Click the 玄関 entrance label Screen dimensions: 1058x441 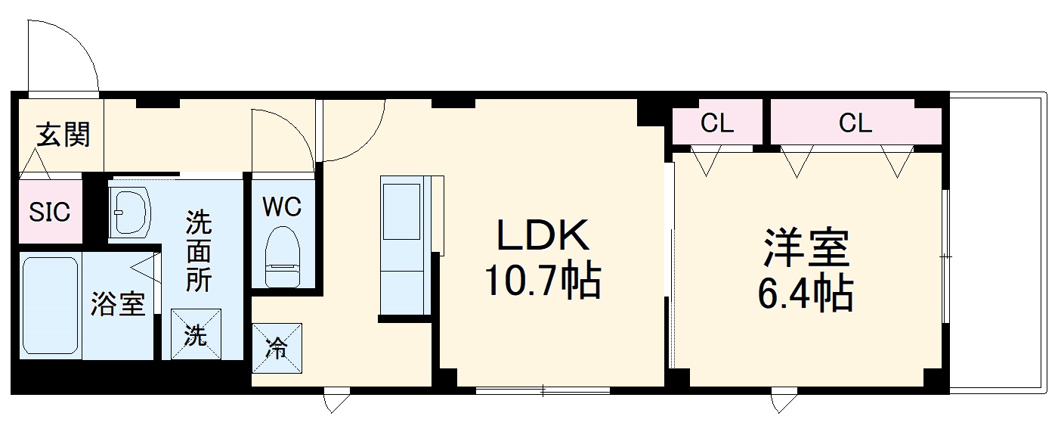pyautogui.click(x=63, y=135)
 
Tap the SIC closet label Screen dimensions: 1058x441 pyautogui.click(x=50, y=213)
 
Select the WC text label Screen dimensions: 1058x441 pyautogui.click(x=282, y=207)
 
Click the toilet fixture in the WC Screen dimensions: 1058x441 pyautogui.click(x=283, y=256)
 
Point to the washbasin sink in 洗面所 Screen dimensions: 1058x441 pyautogui.click(x=130, y=213)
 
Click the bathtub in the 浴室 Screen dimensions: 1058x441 pyautogui.click(x=50, y=306)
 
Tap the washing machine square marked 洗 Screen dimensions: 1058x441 pyautogui.click(x=196, y=334)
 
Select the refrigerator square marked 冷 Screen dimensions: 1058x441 pyautogui.click(x=277, y=348)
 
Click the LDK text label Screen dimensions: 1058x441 pyautogui.click(x=543, y=234)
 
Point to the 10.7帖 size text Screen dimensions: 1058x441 pyautogui.click(x=543, y=281)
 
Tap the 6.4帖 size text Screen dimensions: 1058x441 pyautogui.click(x=806, y=293)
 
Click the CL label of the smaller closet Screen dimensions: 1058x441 pyautogui.click(x=717, y=123)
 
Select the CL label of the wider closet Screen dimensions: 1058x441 pyautogui.click(x=855, y=123)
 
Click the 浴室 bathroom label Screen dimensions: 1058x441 pyautogui.click(x=118, y=303)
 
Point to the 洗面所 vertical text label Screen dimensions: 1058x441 pyautogui.click(x=198, y=251)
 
